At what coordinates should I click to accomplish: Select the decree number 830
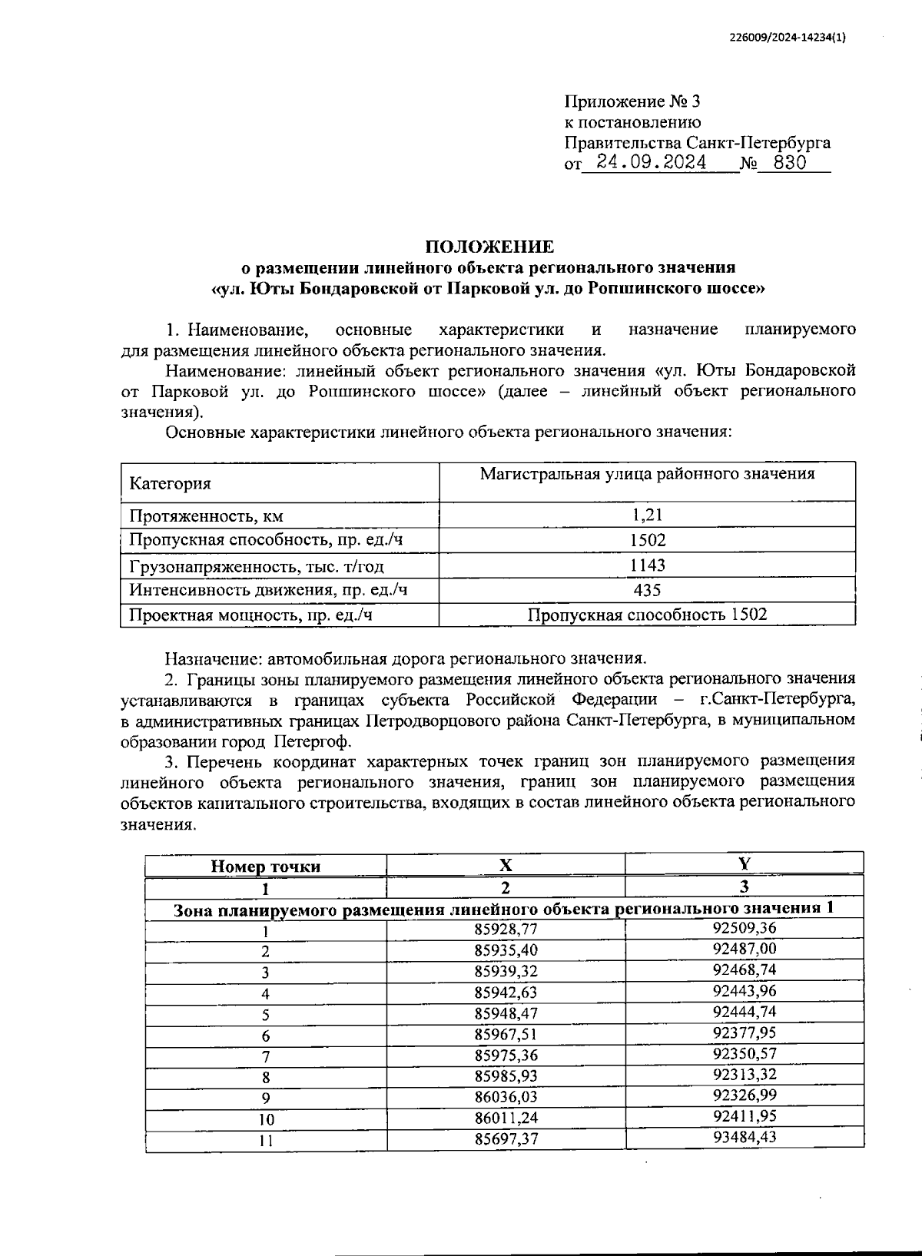[791, 163]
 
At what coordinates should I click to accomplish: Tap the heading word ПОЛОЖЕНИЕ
[489, 247]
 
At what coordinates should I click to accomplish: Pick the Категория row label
[170, 483]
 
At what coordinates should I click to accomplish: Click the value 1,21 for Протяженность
[646, 515]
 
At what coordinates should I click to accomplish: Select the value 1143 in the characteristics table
[646, 565]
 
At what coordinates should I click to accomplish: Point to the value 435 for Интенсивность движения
[646, 589]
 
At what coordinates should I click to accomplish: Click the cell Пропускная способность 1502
[646, 614]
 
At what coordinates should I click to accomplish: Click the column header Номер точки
[265, 867]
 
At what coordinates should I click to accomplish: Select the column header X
[506, 864]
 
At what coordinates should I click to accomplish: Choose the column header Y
[744, 863]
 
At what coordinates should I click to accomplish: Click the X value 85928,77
[506, 929]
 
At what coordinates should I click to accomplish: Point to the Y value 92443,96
[744, 990]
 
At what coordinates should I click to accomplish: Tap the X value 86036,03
[506, 1095]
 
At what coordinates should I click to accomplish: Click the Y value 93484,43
[744, 1135]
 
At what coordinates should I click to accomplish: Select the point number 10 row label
[265, 1119]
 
